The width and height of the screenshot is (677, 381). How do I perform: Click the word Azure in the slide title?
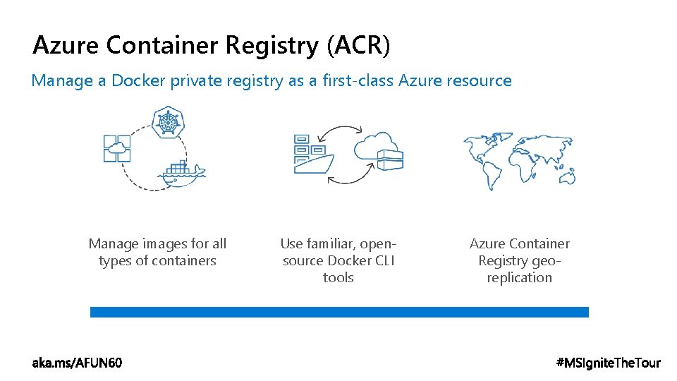(67, 46)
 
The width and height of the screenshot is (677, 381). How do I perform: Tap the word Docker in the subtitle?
(139, 80)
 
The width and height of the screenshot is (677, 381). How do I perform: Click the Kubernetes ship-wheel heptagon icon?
(168, 123)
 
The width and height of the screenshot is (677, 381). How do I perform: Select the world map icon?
(519, 159)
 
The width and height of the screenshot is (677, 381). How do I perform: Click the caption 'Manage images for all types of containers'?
(157, 252)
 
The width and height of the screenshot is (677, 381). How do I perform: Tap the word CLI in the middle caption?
(384, 260)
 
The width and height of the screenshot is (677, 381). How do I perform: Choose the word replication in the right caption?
(519, 277)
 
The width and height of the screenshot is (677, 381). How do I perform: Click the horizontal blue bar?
(339, 312)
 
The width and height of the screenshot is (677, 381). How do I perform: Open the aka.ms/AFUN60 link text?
(77, 363)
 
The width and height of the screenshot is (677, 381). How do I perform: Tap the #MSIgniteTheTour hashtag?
(609, 363)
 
